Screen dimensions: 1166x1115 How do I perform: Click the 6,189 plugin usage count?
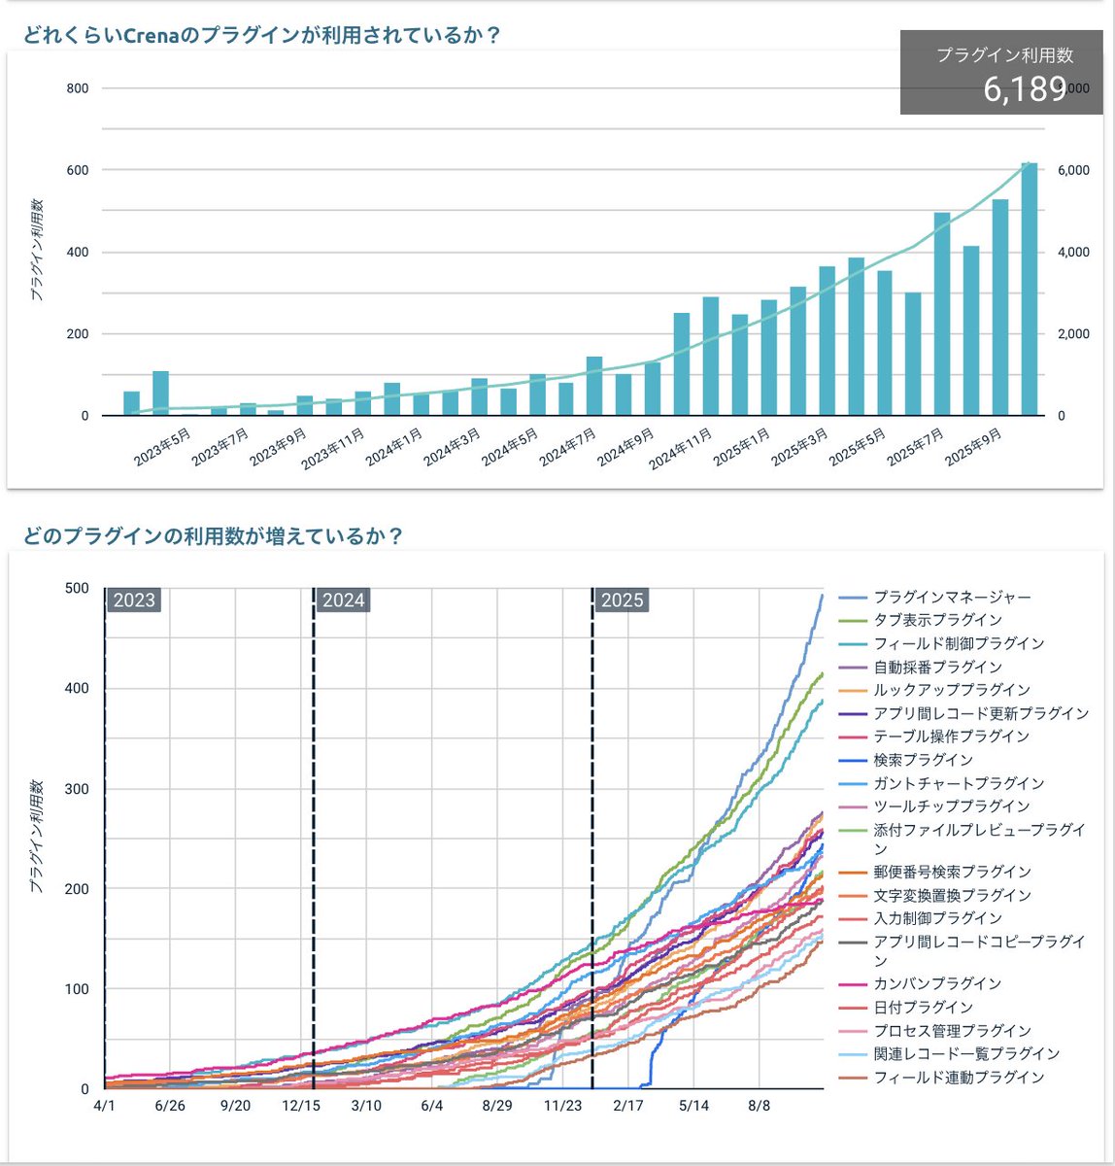(x=1025, y=89)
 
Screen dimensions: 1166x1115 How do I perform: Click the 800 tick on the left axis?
(x=78, y=88)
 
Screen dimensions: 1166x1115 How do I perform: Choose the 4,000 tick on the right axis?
(x=1073, y=253)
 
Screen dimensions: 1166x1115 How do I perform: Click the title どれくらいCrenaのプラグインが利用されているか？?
(x=262, y=35)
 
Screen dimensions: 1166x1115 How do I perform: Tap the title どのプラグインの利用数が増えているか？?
(x=213, y=536)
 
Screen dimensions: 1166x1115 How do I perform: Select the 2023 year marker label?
(x=134, y=600)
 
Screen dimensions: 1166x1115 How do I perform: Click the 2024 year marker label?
(x=343, y=600)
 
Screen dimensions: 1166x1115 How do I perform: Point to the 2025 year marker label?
(x=622, y=600)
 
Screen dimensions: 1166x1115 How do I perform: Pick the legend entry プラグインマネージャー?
(x=952, y=597)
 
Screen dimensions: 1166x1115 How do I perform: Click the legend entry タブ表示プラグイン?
(x=937, y=620)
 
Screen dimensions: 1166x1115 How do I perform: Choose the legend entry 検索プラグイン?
(x=923, y=760)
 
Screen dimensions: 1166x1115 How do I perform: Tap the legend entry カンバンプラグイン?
(x=937, y=983)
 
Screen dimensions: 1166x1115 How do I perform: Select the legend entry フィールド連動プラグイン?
(x=959, y=1077)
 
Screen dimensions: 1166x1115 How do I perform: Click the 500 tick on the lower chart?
(x=77, y=588)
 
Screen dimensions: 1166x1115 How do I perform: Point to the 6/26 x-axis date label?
(x=170, y=1106)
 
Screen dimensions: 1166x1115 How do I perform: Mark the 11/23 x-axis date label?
(x=563, y=1106)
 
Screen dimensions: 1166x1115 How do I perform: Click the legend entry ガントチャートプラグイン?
(x=959, y=783)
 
